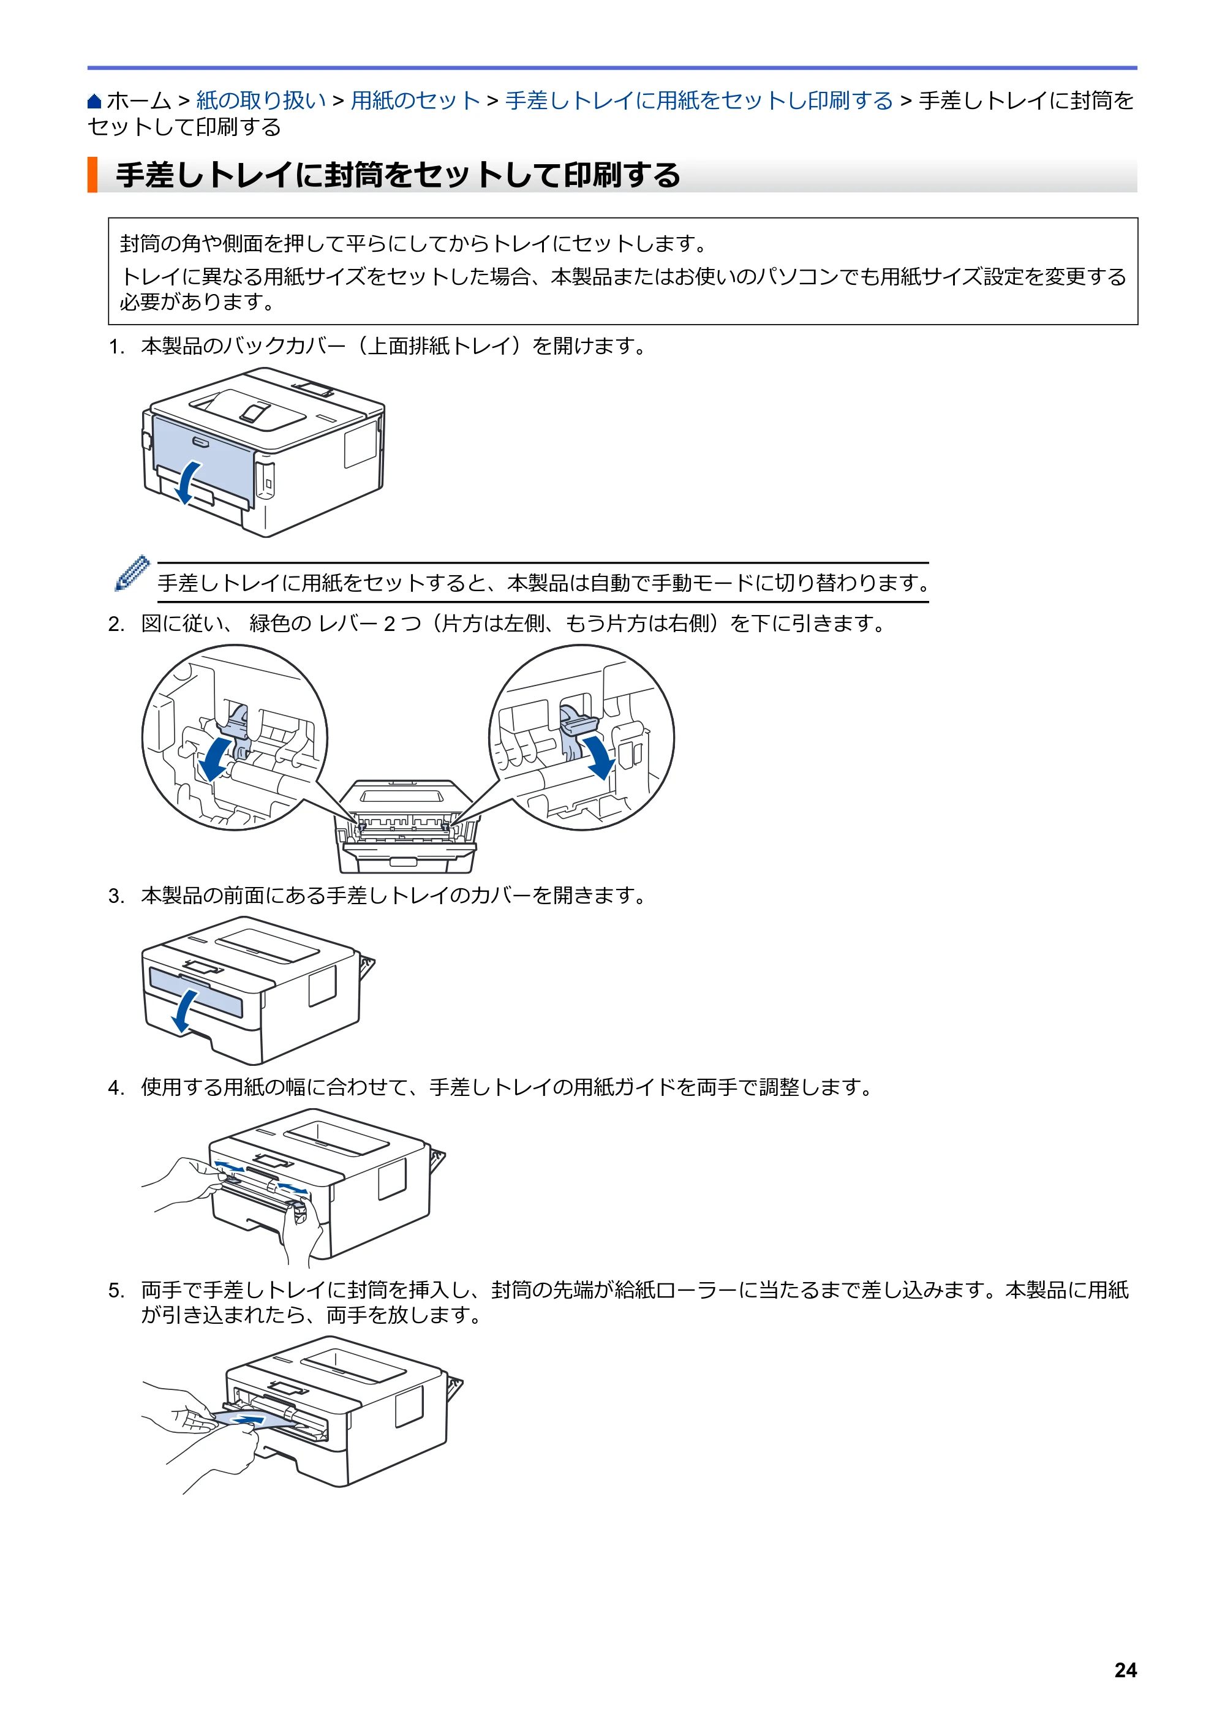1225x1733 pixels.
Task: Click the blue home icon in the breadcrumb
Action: coord(94,101)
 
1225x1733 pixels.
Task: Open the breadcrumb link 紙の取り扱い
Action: coord(261,100)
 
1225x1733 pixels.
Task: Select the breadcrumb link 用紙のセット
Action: coord(415,100)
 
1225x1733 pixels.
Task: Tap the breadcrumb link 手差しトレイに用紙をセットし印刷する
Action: coord(699,100)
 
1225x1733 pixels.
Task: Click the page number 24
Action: coord(1125,1670)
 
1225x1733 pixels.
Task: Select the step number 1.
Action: coord(116,347)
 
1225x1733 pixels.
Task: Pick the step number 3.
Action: coord(116,896)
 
